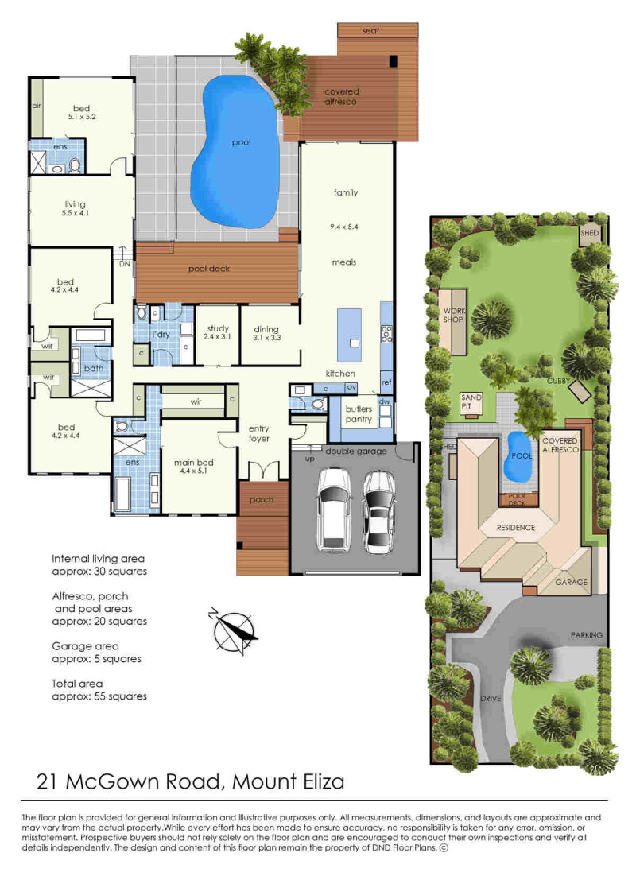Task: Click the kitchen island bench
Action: point(350,333)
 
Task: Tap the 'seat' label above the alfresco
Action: point(371,31)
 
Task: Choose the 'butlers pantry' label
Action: point(359,414)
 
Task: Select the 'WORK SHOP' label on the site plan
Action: point(453,314)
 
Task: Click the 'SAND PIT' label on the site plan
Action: point(471,401)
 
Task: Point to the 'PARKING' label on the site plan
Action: point(587,635)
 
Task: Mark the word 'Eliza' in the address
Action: point(316,781)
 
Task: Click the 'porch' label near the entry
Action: point(261,499)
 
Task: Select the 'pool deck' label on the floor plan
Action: point(209,269)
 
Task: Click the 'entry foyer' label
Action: point(258,433)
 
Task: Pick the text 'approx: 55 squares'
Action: point(99,696)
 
